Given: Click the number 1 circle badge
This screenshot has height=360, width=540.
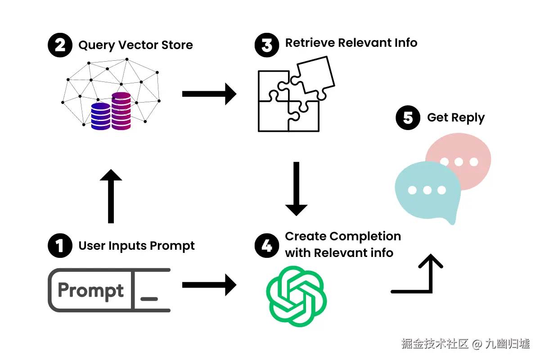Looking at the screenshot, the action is tap(60, 245).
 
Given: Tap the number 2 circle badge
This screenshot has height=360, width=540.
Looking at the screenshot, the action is tap(60, 45).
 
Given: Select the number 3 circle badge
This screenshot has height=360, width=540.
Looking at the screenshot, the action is tap(267, 45).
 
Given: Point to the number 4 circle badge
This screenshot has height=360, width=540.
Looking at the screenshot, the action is tap(267, 245).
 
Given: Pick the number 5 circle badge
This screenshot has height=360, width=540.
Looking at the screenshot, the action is tap(408, 117).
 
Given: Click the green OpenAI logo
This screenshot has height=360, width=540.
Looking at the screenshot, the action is tap(296, 297).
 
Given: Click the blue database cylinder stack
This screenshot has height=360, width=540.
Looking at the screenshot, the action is tap(101, 116).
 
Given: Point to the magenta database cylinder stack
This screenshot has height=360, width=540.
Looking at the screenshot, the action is tap(121, 111).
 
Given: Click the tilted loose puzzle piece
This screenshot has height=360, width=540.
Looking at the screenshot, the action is tap(313, 77).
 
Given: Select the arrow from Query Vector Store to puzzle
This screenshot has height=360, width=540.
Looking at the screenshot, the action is tap(209, 94).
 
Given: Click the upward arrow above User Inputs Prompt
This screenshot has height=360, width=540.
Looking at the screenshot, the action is tap(111, 196).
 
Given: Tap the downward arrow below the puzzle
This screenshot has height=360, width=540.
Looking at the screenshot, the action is tap(296, 189).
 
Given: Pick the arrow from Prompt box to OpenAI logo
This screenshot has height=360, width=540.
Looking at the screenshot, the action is tap(209, 285).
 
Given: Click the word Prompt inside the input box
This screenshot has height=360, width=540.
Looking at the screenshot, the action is tap(90, 291).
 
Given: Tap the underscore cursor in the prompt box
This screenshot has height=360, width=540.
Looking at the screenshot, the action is tap(149, 299).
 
